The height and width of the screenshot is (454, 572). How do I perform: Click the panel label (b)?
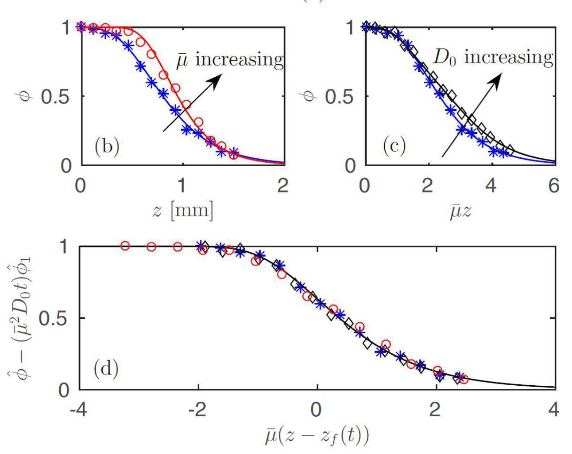(107, 146)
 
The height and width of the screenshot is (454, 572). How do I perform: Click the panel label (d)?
(106, 368)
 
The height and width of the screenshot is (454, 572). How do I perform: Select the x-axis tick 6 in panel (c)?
(553, 185)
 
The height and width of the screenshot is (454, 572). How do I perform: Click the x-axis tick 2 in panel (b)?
(283, 185)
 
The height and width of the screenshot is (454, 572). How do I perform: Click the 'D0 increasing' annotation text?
(493, 58)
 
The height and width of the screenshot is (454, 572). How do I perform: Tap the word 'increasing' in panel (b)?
(239, 59)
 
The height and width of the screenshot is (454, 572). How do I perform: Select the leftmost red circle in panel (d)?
(125, 246)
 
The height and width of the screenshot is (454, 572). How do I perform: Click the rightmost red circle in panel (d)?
(464, 379)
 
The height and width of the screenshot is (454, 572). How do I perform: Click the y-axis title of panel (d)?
(19, 318)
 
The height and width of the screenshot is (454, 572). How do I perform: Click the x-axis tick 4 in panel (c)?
(491, 185)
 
